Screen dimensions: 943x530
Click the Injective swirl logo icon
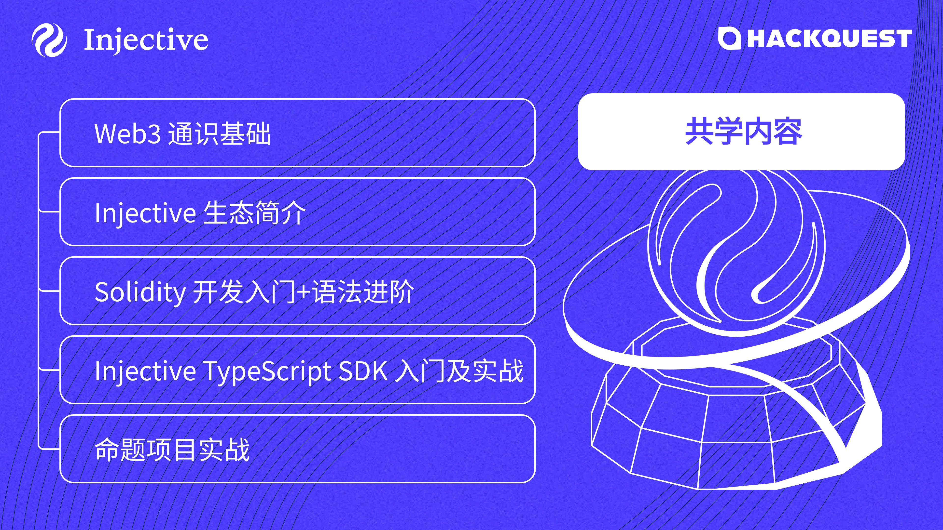[49, 40]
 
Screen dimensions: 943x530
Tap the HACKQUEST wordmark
[830, 39]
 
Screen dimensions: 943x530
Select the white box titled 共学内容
[742, 132]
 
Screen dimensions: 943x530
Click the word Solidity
[140, 292]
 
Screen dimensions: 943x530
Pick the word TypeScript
[268, 371]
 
